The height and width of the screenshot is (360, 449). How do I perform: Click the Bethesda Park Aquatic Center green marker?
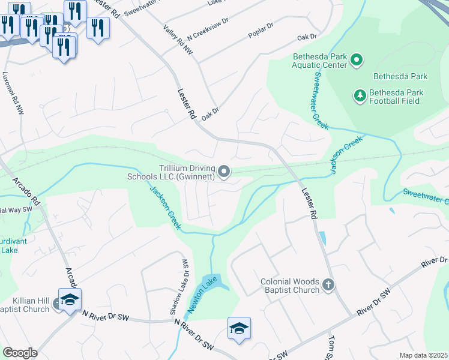[357, 60]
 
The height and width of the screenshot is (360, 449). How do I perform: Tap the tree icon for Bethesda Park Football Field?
[360, 96]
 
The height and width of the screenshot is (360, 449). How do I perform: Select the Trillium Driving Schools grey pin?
[224, 173]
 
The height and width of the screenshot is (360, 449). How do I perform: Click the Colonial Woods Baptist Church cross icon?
[328, 285]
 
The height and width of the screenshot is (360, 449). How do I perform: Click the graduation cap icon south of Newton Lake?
[239, 328]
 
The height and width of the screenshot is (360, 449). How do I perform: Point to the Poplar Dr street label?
[261, 32]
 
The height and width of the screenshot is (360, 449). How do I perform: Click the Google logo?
[20, 353]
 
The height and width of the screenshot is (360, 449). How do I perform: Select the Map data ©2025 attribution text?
[424, 355]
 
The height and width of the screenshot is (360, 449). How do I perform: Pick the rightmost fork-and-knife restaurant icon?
[98, 28]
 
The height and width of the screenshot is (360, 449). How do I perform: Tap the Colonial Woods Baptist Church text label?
[290, 286]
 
